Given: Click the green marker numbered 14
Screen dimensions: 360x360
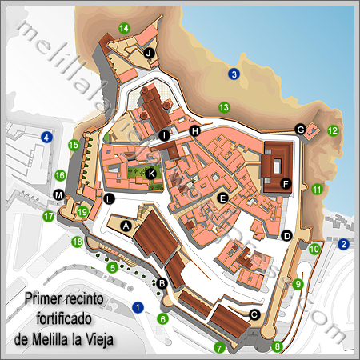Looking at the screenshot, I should pyautogui.click(x=124, y=28).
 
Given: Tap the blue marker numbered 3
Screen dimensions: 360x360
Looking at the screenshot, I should pyautogui.click(x=234, y=74).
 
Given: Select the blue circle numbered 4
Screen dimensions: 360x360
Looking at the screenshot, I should pyautogui.click(x=46, y=138).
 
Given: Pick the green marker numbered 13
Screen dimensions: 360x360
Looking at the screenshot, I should pyautogui.click(x=224, y=107).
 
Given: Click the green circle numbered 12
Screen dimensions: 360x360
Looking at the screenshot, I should pyautogui.click(x=333, y=130).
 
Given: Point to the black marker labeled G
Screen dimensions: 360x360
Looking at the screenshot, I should pyautogui.click(x=301, y=129).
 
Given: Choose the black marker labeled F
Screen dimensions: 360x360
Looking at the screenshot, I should pyautogui.click(x=286, y=183).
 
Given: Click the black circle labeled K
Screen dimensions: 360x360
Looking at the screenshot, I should pyautogui.click(x=151, y=173).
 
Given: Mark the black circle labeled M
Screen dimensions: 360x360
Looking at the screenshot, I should pyautogui.click(x=58, y=195).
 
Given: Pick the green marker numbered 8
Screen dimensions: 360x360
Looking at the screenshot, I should pyautogui.click(x=278, y=346).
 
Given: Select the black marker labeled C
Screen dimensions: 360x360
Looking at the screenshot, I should pyautogui.click(x=254, y=314).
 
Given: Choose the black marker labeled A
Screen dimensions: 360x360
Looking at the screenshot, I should pyautogui.click(x=125, y=226).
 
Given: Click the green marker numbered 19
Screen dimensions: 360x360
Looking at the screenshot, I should pyautogui.click(x=83, y=212).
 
